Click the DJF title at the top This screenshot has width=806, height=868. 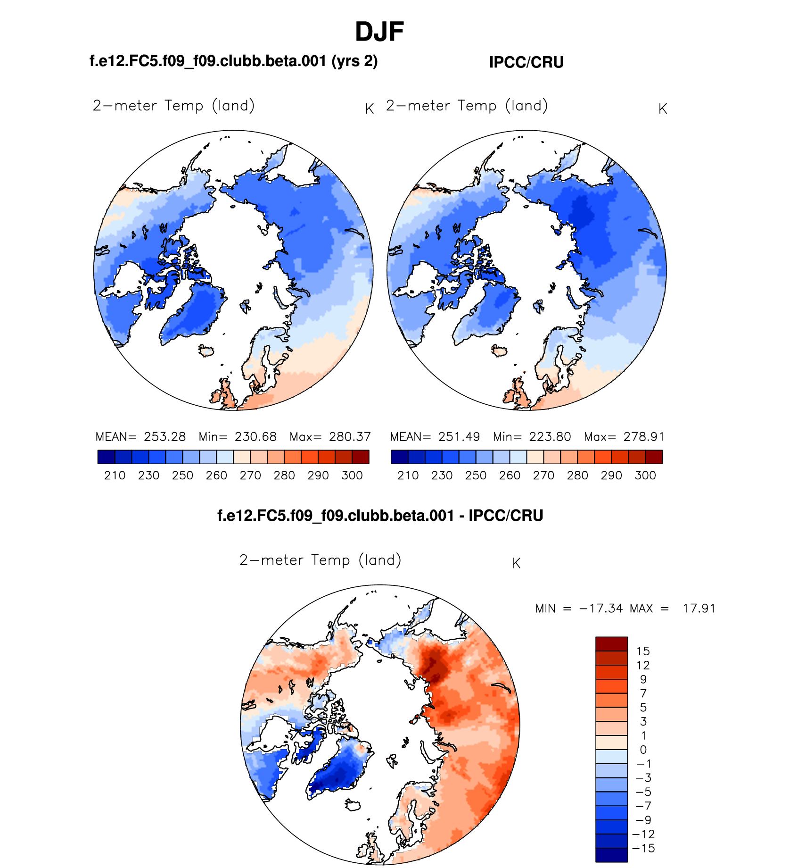379,32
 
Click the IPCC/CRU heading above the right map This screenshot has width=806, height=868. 526,62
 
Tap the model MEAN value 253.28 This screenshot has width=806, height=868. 165,437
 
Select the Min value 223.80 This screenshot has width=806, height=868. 550,437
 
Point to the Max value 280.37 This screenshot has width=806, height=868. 350,437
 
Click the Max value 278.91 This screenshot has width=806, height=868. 643,437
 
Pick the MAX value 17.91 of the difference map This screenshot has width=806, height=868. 699,609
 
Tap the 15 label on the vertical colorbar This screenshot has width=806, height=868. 643,651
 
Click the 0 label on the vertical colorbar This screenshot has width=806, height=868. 643,750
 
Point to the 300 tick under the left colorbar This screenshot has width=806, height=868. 352,476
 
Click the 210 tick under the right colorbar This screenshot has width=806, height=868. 408,476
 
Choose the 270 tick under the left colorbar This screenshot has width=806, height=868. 250,476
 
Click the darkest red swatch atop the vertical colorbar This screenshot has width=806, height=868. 611,644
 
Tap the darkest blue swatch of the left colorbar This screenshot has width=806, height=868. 106,457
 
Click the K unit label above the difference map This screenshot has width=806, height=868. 516,563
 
